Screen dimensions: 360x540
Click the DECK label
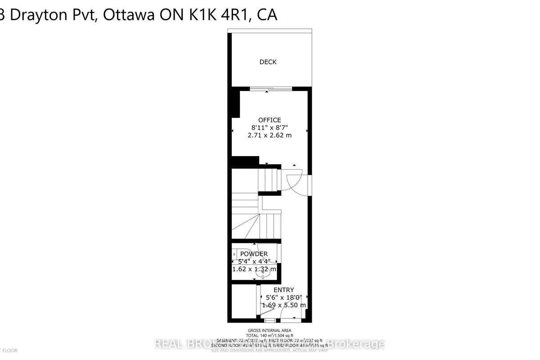(x=268, y=62)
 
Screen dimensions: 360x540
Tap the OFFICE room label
(x=270, y=120)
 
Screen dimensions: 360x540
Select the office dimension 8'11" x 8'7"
(x=270, y=127)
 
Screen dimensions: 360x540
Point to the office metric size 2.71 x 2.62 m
(x=270, y=135)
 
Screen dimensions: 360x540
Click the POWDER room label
(x=254, y=254)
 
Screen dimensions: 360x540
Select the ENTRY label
(x=283, y=290)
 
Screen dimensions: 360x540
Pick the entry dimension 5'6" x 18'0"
(x=283, y=297)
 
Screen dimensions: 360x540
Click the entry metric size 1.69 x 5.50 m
(x=283, y=305)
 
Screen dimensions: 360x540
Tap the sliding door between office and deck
(x=267, y=89)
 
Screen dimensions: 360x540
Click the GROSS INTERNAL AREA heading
(x=270, y=331)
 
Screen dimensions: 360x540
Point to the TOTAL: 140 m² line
(x=270, y=336)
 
